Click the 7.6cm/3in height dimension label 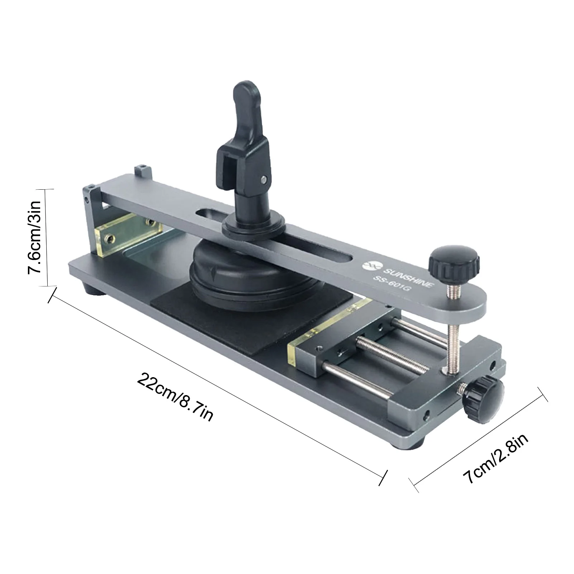(x=37, y=237)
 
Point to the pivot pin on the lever (x=264, y=178)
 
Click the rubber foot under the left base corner (x=94, y=289)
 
